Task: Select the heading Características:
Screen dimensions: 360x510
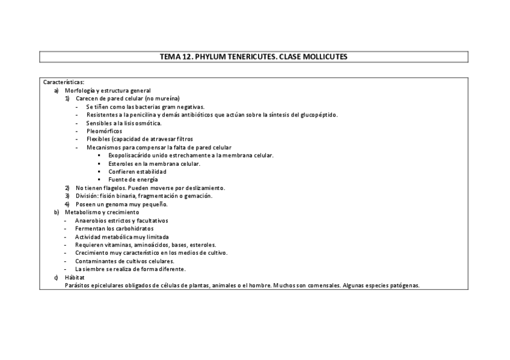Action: pos(64,82)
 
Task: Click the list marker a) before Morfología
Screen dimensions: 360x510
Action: pos(56,90)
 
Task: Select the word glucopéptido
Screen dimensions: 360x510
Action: pos(318,114)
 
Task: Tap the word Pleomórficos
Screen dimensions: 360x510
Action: pos(104,130)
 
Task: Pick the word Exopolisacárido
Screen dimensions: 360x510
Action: pos(132,155)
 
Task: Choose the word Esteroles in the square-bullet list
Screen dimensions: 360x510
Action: pos(121,163)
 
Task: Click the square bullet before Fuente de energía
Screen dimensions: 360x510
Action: pos(99,180)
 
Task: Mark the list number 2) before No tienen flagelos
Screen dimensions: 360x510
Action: pos(67,188)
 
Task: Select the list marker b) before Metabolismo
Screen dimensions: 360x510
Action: pos(56,212)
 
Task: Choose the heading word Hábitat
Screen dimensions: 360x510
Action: pos(75,277)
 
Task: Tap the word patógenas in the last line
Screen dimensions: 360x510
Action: pos(404,285)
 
